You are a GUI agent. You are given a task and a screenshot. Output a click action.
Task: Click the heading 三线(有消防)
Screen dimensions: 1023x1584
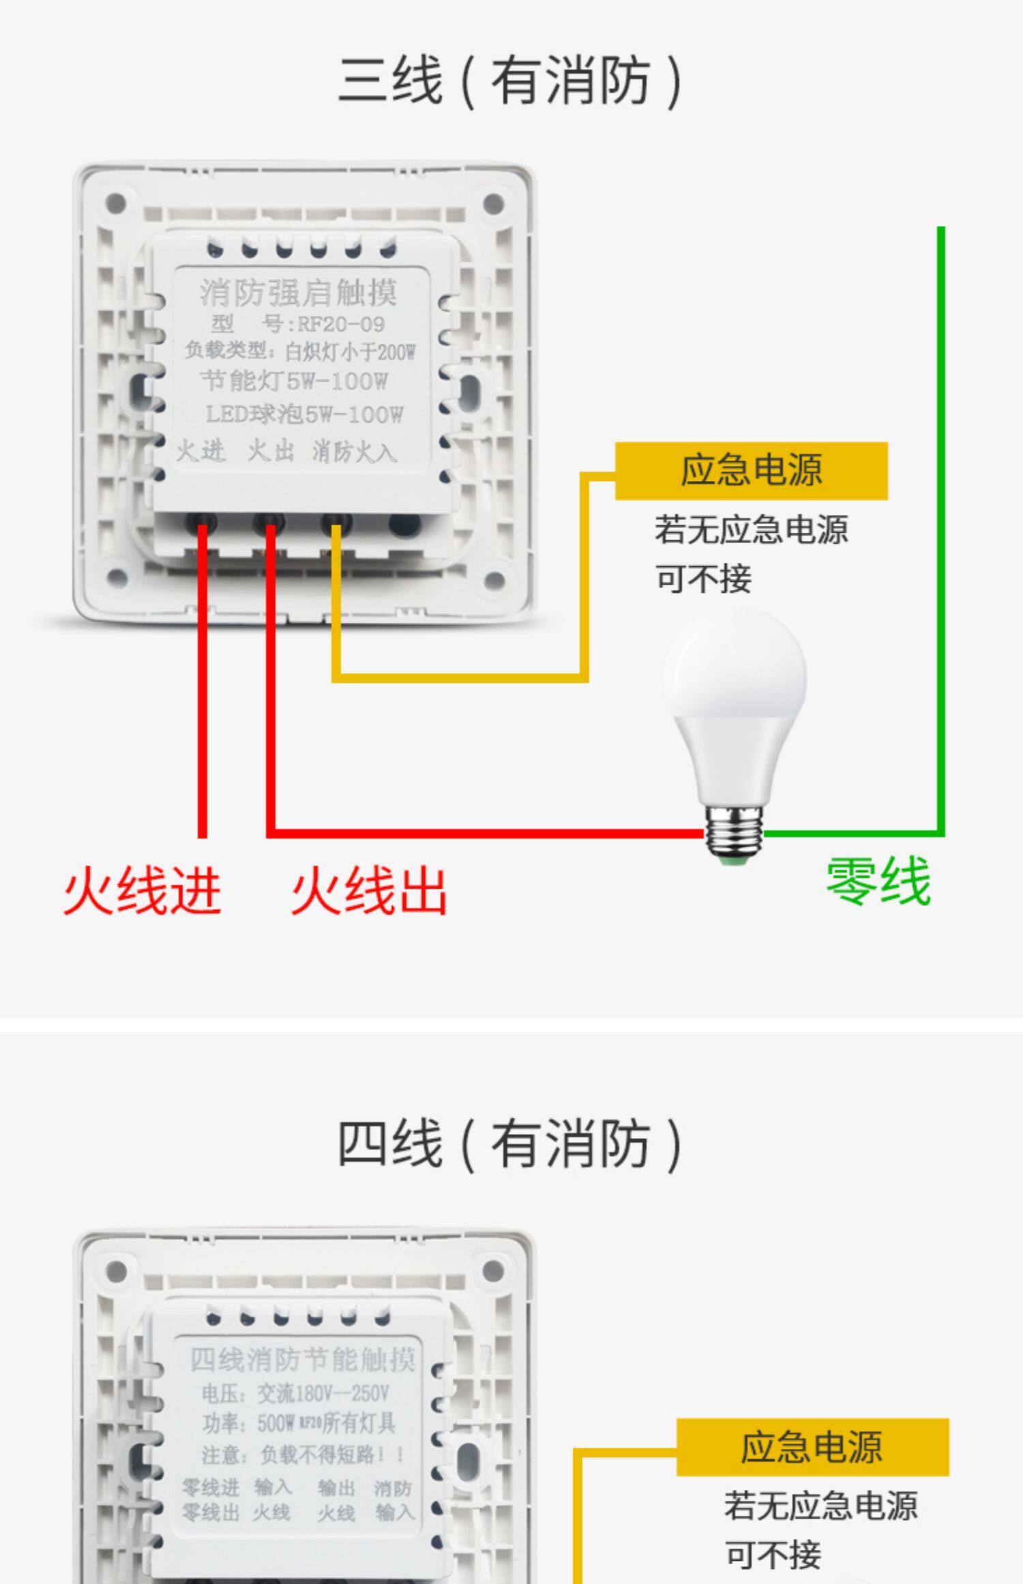pyautogui.click(x=510, y=81)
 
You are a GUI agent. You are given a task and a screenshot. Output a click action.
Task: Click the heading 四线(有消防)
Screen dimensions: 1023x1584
pyautogui.click(x=510, y=1144)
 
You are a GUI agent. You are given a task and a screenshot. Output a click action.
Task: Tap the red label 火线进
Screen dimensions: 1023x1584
pyautogui.click(x=143, y=891)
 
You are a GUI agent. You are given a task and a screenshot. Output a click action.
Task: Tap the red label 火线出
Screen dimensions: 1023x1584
pyautogui.click(x=369, y=891)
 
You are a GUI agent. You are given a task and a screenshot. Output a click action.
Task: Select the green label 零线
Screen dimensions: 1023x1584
pyautogui.click(x=878, y=881)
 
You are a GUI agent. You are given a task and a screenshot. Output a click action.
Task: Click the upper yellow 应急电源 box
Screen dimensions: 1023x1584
pyautogui.click(x=751, y=471)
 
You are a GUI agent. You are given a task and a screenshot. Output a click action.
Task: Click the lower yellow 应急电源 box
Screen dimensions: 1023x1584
pyautogui.click(x=812, y=1447)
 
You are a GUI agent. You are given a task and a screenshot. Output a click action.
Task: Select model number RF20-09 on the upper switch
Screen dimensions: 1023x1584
pyautogui.click(x=340, y=324)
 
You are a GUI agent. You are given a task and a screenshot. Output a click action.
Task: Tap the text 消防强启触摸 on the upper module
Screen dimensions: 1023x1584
pyautogui.click(x=299, y=293)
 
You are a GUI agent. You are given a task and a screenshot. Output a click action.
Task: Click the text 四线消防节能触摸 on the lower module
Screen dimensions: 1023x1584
pyautogui.click(x=302, y=1360)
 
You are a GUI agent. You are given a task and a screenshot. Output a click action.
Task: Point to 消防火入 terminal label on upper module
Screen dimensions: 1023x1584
pyautogui.click(x=354, y=452)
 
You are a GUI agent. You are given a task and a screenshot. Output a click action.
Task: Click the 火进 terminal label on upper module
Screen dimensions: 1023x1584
pyautogui.click(x=201, y=451)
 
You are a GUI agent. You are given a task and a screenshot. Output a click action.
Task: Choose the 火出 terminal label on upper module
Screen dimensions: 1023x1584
pyautogui.click(x=271, y=451)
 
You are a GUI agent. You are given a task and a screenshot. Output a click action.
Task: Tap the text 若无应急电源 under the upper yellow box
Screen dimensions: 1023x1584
pyautogui.click(x=751, y=530)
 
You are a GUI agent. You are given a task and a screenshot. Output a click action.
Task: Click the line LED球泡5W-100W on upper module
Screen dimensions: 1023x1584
pyautogui.click(x=304, y=414)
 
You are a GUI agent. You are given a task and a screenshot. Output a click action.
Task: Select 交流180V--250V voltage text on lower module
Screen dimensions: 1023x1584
pyautogui.click(x=323, y=1393)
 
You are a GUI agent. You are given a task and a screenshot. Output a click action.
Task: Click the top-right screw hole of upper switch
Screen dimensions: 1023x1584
pyautogui.click(x=494, y=203)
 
